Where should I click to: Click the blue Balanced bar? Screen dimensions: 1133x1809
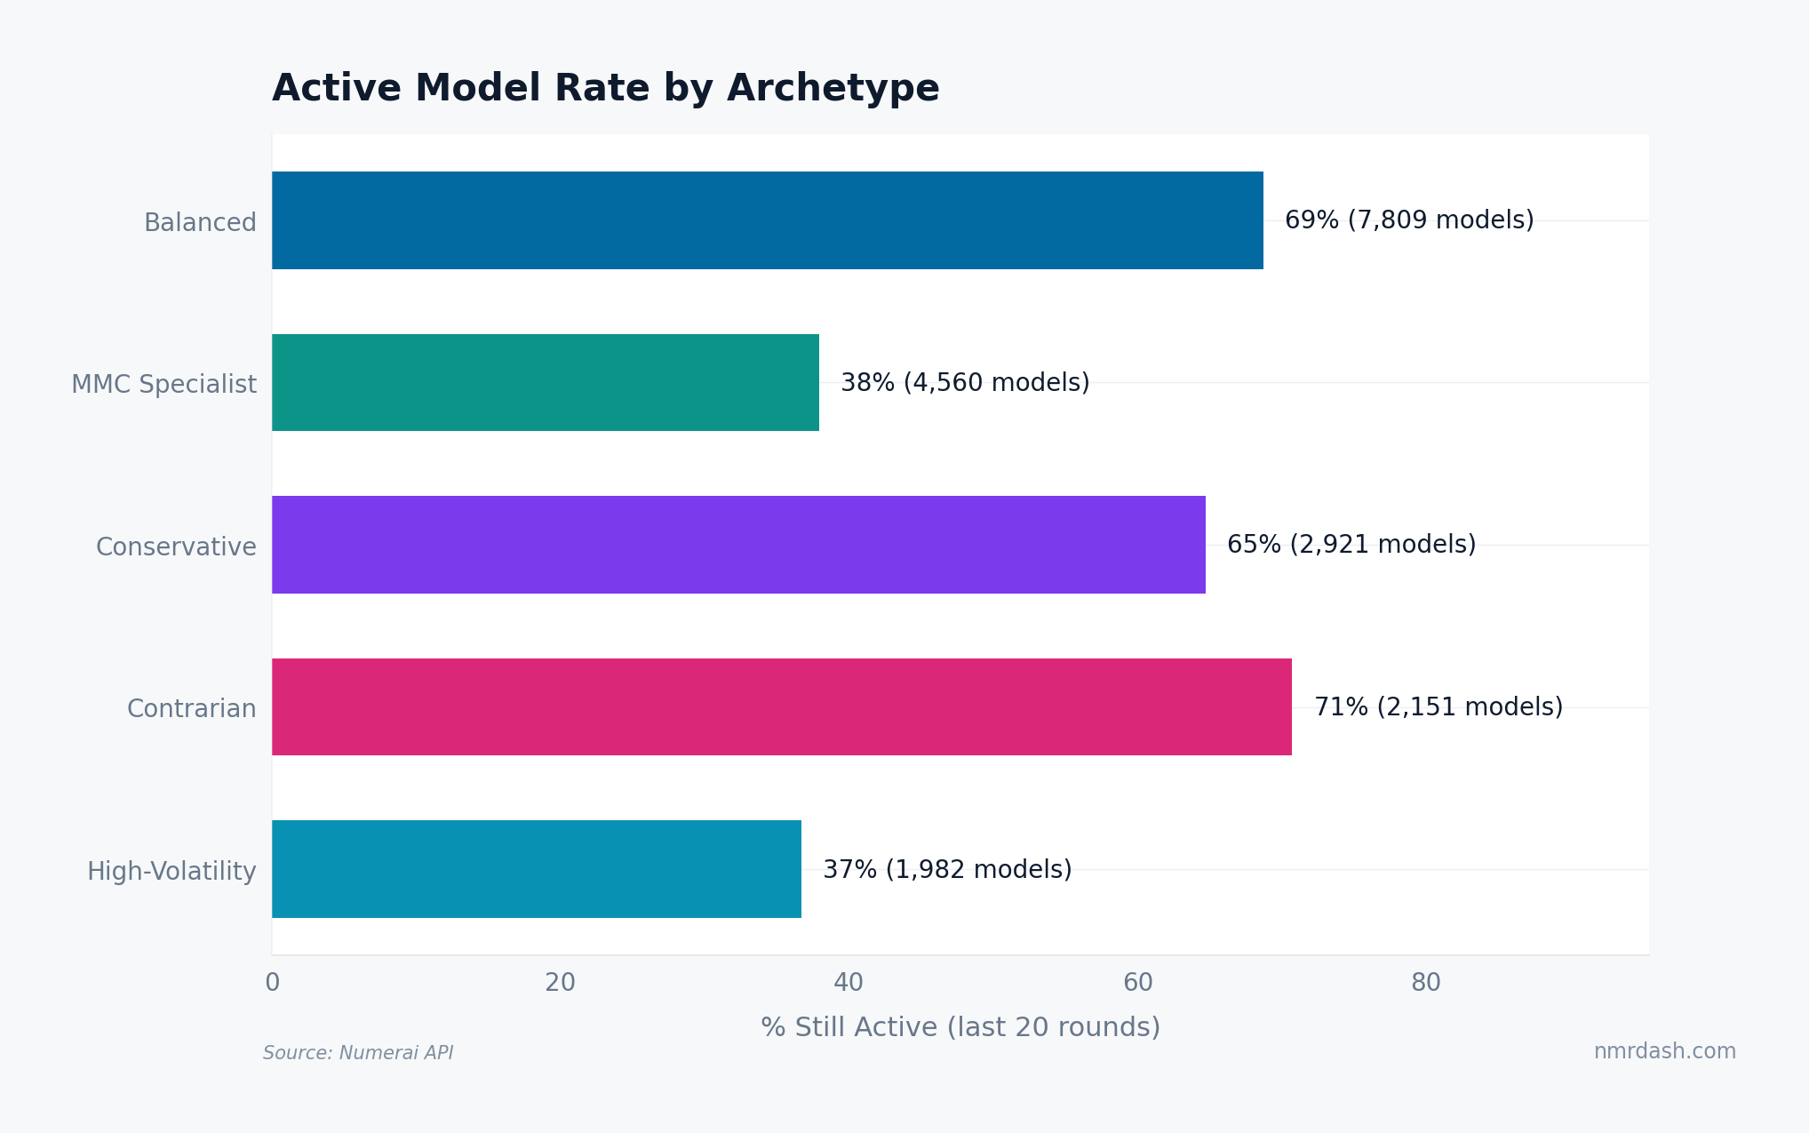(x=767, y=220)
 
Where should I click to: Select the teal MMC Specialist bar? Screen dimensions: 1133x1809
(x=545, y=383)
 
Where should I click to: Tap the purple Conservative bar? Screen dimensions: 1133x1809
(x=738, y=545)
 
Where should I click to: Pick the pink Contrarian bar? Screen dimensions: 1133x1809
(x=781, y=707)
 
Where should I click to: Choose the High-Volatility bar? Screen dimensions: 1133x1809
(x=536, y=869)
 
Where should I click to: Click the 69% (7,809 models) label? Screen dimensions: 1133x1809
(x=1409, y=220)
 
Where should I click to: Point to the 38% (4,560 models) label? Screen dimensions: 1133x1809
(x=965, y=383)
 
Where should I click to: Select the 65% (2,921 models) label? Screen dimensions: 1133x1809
(x=1351, y=545)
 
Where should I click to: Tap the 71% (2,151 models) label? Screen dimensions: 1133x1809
(x=1438, y=707)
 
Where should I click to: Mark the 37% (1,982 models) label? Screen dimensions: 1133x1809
(x=947, y=869)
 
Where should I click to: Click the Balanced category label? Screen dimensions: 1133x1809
(x=200, y=222)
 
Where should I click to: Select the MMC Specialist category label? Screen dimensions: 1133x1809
(x=163, y=385)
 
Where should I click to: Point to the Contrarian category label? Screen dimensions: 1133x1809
(x=191, y=709)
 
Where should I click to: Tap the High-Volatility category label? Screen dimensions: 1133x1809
(x=171, y=871)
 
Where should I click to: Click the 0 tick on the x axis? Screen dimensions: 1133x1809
(x=272, y=983)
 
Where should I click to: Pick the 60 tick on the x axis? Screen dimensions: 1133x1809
(x=1137, y=983)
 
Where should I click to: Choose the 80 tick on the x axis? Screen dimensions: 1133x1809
(x=1426, y=983)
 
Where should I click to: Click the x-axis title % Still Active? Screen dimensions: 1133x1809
(x=960, y=1027)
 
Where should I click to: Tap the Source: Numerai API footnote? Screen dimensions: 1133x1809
(x=358, y=1053)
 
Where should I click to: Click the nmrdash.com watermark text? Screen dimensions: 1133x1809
(x=1664, y=1051)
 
